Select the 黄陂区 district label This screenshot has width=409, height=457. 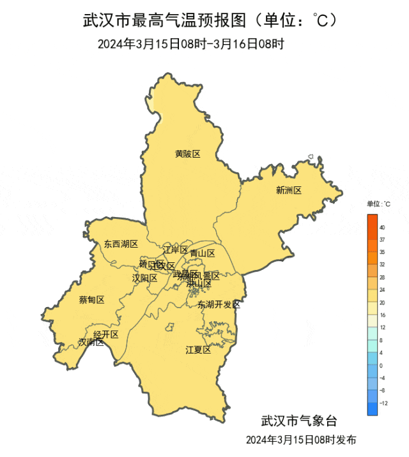[x=188, y=154]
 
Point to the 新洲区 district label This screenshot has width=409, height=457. [x=288, y=190]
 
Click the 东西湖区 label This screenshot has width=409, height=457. [x=121, y=244]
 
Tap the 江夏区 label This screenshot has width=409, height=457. [x=197, y=350]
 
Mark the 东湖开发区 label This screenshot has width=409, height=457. [x=219, y=304]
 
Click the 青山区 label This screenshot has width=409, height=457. [x=203, y=253]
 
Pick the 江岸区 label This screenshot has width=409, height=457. [x=175, y=250]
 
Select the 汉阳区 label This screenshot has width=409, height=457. [x=144, y=278]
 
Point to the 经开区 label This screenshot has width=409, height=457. [x=106, y=334]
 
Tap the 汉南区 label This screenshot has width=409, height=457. [x=91, y=342]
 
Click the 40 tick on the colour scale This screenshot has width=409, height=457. [x=382, y=227]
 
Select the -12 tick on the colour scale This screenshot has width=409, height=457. [x=383, y=403]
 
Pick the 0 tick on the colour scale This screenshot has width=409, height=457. [x=381, y=366]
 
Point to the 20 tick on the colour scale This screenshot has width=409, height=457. [x=382, y=303]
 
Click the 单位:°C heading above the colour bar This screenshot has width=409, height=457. [x=378, y=204]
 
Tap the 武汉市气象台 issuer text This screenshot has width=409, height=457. [x=298, y=421]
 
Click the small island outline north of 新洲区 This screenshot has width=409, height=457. [x=310, y=156]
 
